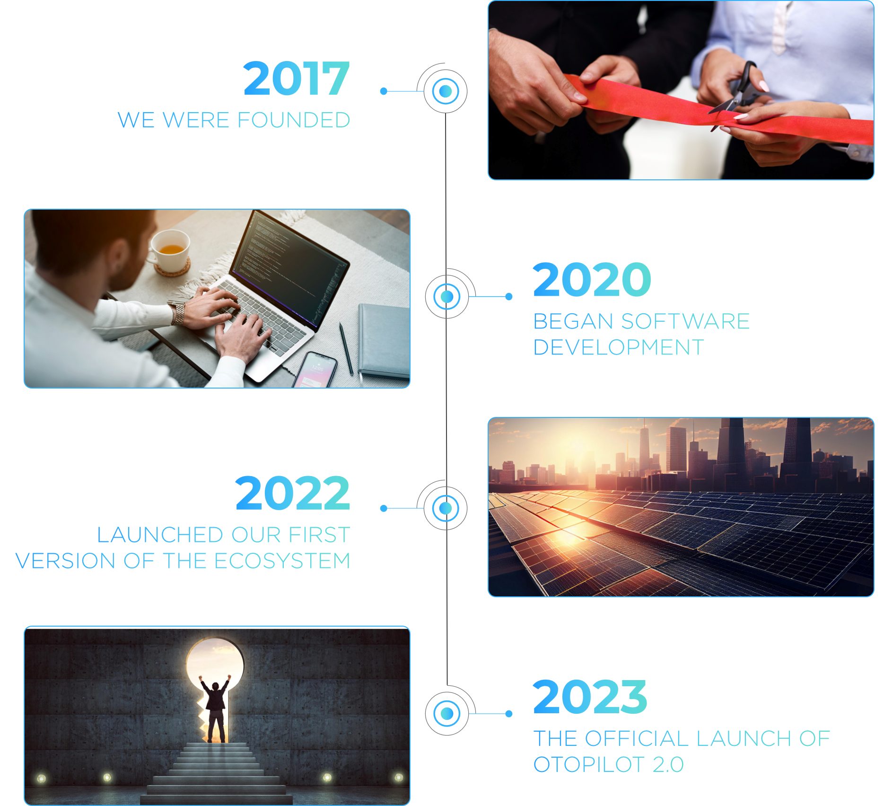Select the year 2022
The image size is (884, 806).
[x=293, y=493]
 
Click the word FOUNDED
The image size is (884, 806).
[x=294, y=120]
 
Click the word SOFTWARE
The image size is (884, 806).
[x=685, y=321]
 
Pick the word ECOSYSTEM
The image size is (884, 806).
[x=282, y=561]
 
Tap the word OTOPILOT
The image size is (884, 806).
[x=589, y=764]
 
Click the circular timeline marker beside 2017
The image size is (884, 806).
[x=446, y=91]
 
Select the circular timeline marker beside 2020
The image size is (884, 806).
[x=447, y=297]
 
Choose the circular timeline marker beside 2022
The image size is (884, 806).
[x=446, y=508]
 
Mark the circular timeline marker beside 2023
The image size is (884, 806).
[x=447, y=713]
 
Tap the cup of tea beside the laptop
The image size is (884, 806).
[x=169, y=249]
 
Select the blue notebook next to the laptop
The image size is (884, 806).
[x=384, y=341]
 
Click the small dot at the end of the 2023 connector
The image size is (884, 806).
[x=509, y=714]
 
